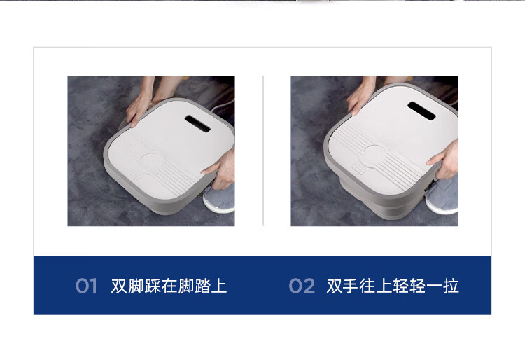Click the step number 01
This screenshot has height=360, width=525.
click(x=86, y=286)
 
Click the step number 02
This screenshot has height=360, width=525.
click(x=302, y=286)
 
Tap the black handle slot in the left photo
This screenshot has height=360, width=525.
click(x=197, y=123)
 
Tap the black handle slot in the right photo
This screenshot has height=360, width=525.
click(x=421, y=111)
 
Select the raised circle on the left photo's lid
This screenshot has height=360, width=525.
click(x=151, y=162)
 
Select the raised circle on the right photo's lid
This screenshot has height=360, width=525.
click(x=374, y=156)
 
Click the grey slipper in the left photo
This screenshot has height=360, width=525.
click(x=220, y=199)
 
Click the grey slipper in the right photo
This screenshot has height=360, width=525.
click(x=442, y=195)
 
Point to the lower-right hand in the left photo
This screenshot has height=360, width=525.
click(x=221, y=169)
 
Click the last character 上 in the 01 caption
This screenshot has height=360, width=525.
click(x=218, y=286)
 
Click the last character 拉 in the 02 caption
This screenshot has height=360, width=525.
click(x=450, y=286)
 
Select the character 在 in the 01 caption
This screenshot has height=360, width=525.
click(x=169, y=286)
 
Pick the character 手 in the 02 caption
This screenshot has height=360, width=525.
click(x=351, y=286)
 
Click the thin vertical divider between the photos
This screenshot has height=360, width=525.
click(x=263, y=151)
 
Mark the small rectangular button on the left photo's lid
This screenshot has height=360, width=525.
click(x=136, y=174)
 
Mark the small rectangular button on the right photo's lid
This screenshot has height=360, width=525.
click(x=358, y=169)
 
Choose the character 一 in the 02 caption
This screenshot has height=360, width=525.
click(x=434, y=286)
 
